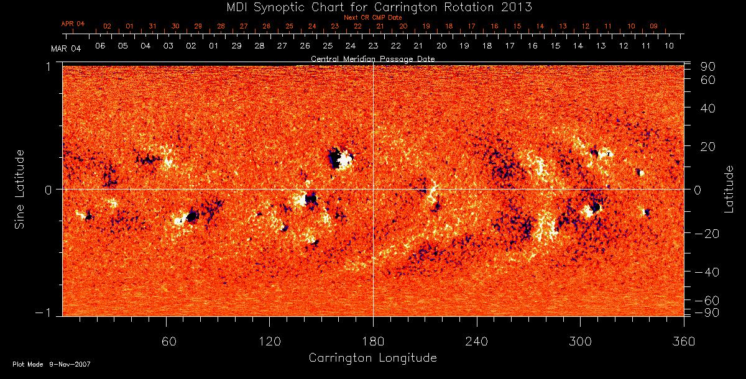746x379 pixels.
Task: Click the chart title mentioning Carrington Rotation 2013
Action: (372, 7)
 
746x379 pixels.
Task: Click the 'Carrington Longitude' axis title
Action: (372, 358)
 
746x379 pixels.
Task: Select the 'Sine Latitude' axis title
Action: (19, 189)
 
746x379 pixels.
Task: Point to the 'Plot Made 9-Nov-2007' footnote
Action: (52, 364)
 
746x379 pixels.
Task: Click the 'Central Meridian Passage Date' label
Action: (372, 58)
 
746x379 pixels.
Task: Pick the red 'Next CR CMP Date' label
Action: (372, 17)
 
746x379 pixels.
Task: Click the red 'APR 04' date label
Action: (73, 24)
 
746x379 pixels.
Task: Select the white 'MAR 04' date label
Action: (66, 48)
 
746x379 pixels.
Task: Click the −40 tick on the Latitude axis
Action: (707, 272)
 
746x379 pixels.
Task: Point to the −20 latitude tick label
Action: (707, 234)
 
